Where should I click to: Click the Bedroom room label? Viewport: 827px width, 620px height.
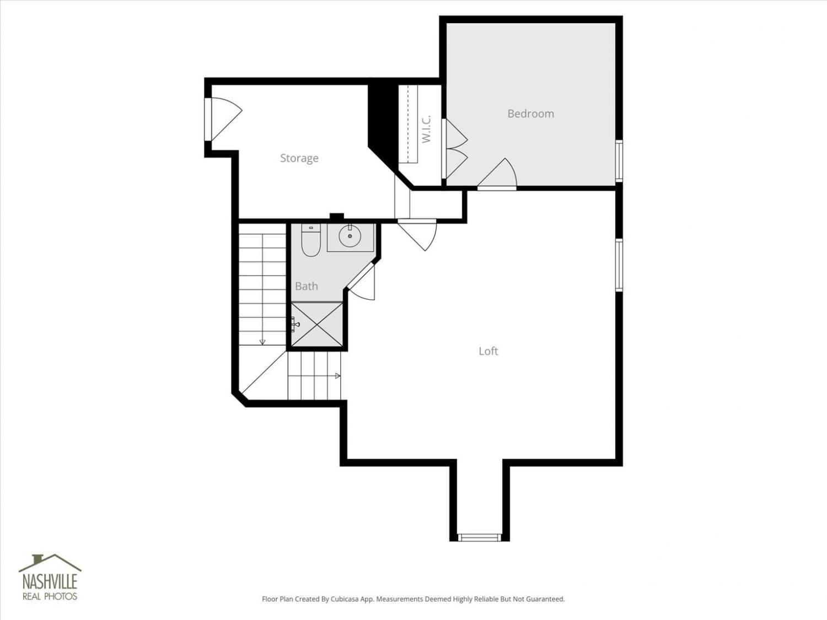[530, 114]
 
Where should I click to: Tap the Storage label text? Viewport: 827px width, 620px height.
[299, 158]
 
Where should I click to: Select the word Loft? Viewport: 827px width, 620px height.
[488, 351]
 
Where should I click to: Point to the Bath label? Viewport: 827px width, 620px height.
[307, 287]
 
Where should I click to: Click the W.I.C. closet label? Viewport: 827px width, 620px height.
[426, 130]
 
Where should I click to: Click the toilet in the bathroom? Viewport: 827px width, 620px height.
[311, 240]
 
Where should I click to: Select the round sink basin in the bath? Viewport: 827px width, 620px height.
[350, 236]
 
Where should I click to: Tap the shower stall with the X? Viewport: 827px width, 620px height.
[317, 325]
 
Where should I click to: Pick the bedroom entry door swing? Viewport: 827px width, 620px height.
[497, 174]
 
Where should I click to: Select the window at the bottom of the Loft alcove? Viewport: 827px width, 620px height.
[479, 537]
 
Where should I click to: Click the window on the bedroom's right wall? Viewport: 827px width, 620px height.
[619, 161]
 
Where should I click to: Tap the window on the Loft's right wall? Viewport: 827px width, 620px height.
[619, 265]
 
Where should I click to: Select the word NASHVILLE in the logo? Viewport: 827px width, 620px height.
[50, 581]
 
